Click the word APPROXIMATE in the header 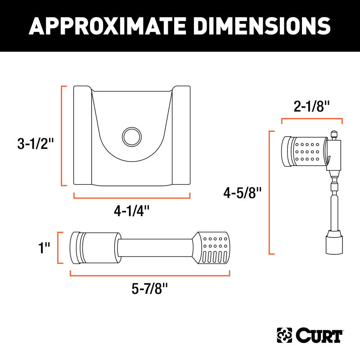click(107, 26)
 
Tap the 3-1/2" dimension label click(36, 144)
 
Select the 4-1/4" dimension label click(132, 211)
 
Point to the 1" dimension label click(44, 248)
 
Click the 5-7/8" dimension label click(150, 288)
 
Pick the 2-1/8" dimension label click(311, 106)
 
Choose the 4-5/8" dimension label click(243, 193)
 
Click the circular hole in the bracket click(132, 137)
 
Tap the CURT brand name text click(319, 336)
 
